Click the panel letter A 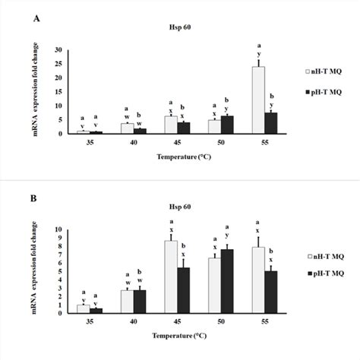(x=36, y=21)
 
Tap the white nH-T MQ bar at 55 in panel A (x=258, y=100)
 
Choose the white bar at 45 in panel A (x=171, y=125)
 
